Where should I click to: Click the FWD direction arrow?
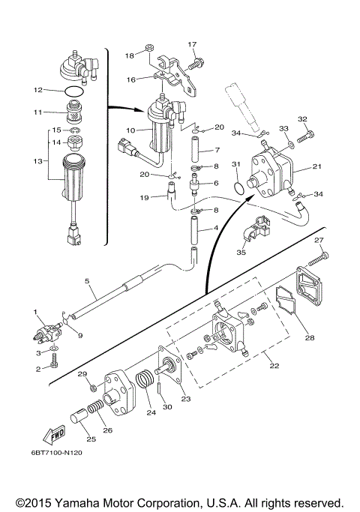(x=54, y=435)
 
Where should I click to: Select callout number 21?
(x=317, y=166)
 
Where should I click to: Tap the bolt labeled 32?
(x=306, y=136)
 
